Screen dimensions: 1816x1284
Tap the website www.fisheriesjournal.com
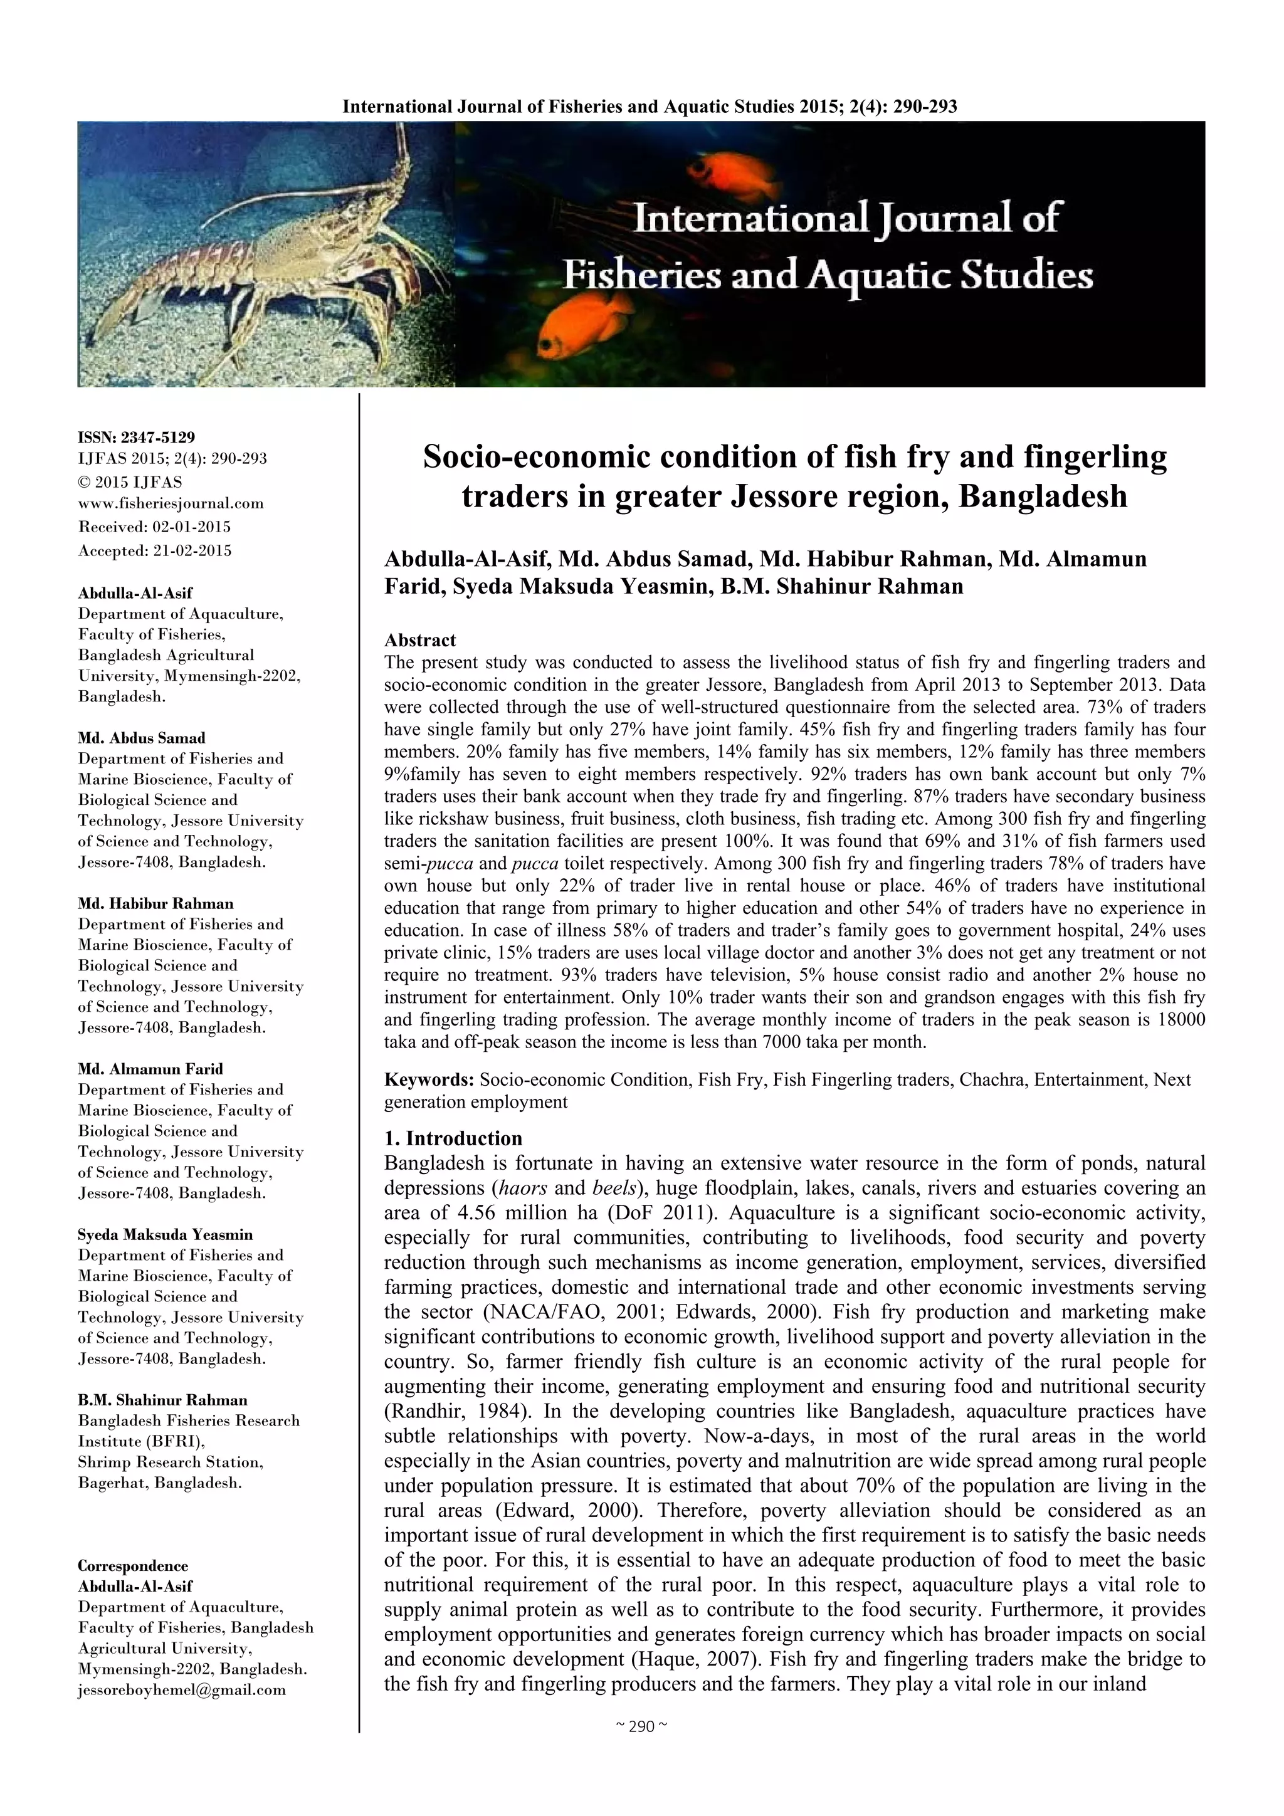click(171, 503)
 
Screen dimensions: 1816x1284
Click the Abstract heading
click(420, 640)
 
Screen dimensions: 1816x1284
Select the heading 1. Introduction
click(453, 1138)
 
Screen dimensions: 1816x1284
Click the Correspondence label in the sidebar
click(133, 1566)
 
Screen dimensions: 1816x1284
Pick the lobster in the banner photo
click(269, 261)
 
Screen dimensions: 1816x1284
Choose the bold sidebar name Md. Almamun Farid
click(150, 1069)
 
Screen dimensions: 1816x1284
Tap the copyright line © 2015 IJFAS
click(130, 481)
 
